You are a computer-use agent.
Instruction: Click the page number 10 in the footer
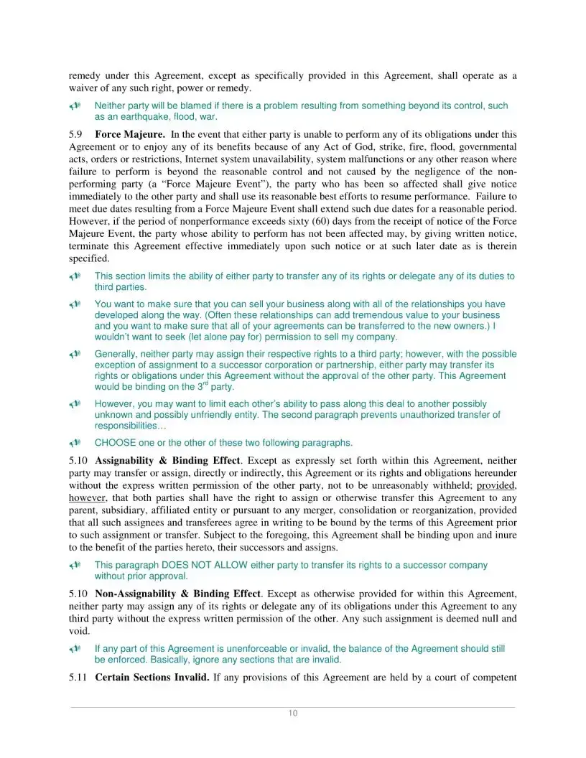292,713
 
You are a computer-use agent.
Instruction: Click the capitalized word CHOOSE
115,443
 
